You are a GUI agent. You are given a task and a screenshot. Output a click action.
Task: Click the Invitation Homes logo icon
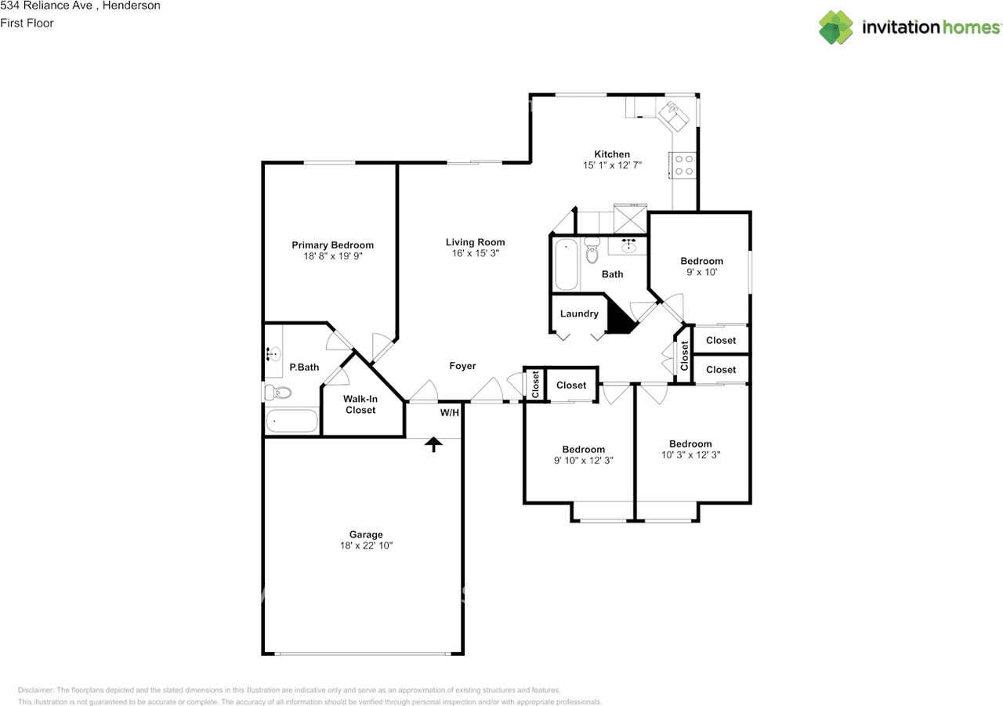[x=836, y=27]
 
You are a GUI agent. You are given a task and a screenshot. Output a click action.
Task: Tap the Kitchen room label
[x=611, y=154]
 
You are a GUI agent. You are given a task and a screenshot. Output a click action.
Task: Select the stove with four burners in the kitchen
[x=683, y=165]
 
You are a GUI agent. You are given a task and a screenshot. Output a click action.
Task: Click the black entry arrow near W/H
[x=433, y=444]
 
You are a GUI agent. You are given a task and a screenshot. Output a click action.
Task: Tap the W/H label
[x=449, y=413]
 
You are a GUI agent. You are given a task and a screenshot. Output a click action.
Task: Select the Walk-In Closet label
[x=360, y=404]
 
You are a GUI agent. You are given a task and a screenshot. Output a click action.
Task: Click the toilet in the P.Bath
[x=277, y=392]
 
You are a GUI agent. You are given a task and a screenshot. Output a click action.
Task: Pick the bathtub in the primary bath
[x=291, y=422]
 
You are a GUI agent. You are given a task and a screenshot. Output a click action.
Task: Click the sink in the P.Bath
[x=273, y=354]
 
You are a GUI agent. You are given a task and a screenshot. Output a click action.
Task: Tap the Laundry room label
[x=579, y=313]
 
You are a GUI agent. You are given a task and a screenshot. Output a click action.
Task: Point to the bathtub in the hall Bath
[x=566, y=265]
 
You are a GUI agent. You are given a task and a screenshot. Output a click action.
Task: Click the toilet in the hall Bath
[x=592, y=250]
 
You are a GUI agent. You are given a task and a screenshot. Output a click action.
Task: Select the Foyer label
[x=462, y=366]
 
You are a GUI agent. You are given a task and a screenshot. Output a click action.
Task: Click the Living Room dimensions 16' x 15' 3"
[x=476, y=254]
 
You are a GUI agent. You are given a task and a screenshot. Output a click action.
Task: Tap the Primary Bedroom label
[x=332, y=244]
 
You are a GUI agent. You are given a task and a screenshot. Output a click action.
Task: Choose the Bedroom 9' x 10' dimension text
[x=701, y=273]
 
